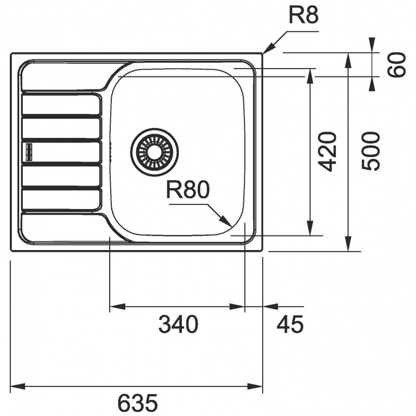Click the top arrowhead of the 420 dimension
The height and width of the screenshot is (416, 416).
pos(310,76)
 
